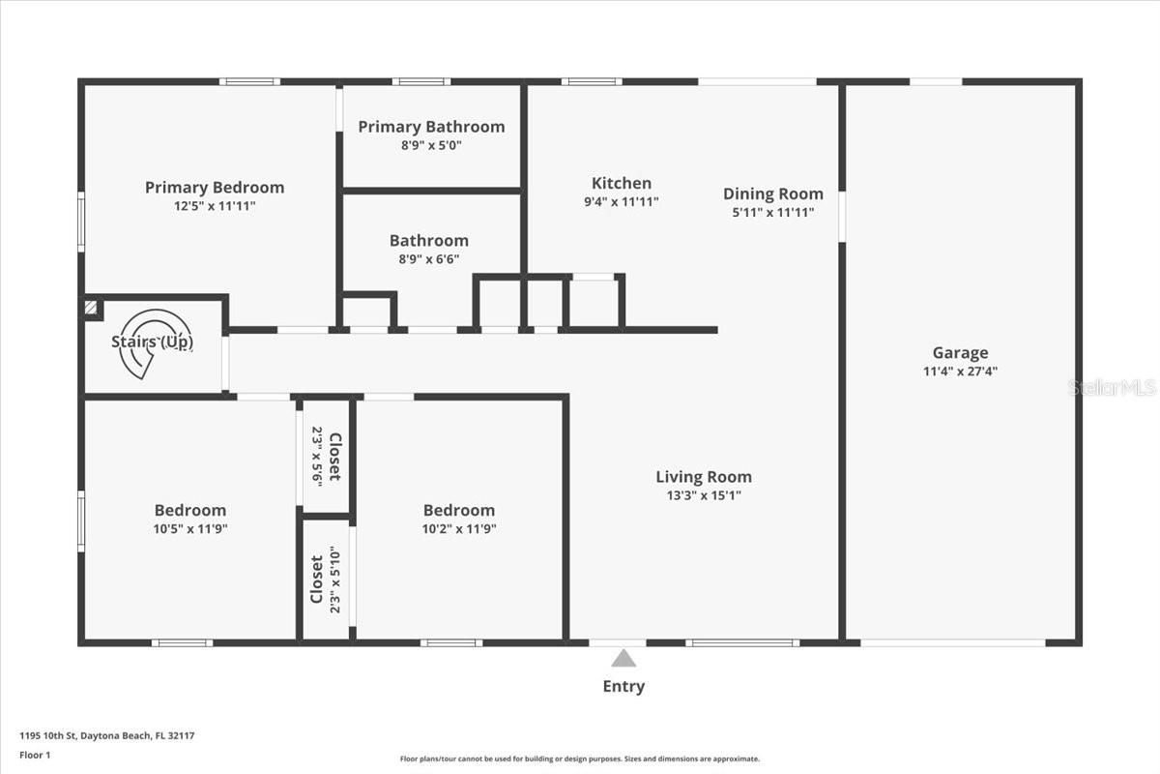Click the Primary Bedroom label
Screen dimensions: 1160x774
click(x=215, y=187)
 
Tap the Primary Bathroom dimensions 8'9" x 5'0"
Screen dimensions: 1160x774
click(x=431, y=145)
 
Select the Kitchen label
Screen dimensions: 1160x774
click(x=622, y=183)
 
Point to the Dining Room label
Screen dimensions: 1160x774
click(x=773, y=193)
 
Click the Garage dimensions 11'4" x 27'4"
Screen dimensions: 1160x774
click(x=960, y=372)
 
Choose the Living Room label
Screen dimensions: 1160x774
click(x=704, y=477)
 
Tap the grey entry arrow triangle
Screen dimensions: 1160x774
click(x=623, y=658)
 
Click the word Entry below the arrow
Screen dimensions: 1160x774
click(x=623, y=686)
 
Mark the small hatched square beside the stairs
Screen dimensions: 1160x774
click(x=90, y=308)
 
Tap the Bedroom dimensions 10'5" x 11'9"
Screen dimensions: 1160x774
click(x=190, y=529)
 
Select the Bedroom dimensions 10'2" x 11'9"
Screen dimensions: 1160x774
click(x=459, y=529)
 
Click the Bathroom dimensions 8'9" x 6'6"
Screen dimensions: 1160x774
click(x=429, y=259)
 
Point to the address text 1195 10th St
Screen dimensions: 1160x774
click(x=48, y=735)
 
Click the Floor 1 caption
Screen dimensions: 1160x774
click(x=35, y=755)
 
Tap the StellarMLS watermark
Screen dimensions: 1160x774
click(x=1112, y=387)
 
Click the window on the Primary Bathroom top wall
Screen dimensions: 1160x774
click(x=421, y=81)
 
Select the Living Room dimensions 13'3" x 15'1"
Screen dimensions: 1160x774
click(x=704, y=495)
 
